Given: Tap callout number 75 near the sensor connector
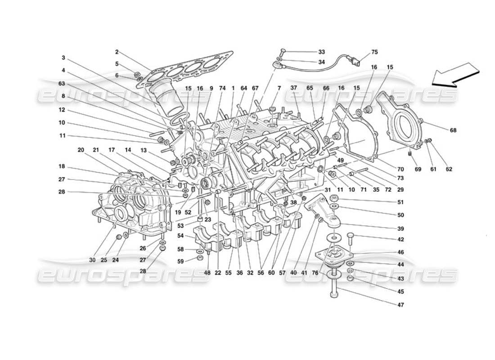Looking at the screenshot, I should tap(375, 52).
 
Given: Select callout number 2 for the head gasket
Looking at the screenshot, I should tap(117, 52).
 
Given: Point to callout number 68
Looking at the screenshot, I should tap(453, 130).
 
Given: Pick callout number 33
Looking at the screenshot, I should tap(321, 52).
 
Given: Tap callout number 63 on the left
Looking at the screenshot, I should tap(62, 83).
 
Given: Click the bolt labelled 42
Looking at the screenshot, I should tap(351, 236).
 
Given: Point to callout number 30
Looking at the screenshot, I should tap(92, 260).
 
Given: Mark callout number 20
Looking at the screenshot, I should tap(81, 150).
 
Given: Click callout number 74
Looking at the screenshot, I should tap(222, 89).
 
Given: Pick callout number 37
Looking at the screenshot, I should tap(294, 89).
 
